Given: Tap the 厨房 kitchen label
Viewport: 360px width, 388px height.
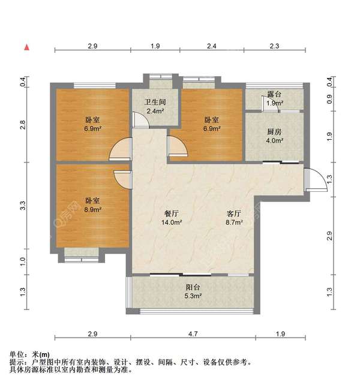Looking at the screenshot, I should [275, 133].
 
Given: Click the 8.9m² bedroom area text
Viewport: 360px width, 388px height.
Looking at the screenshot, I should [92, 210].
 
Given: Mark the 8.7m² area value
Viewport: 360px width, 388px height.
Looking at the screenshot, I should [234, 222].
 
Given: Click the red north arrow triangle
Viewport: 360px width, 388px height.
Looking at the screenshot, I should [26, 47].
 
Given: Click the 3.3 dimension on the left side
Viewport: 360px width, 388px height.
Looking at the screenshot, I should [23, 204].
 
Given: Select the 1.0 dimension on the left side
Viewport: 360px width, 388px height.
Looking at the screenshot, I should [23, 261].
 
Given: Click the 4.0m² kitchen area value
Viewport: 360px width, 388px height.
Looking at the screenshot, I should [275, 142].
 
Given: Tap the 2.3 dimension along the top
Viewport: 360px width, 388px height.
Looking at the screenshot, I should [274, 46].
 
